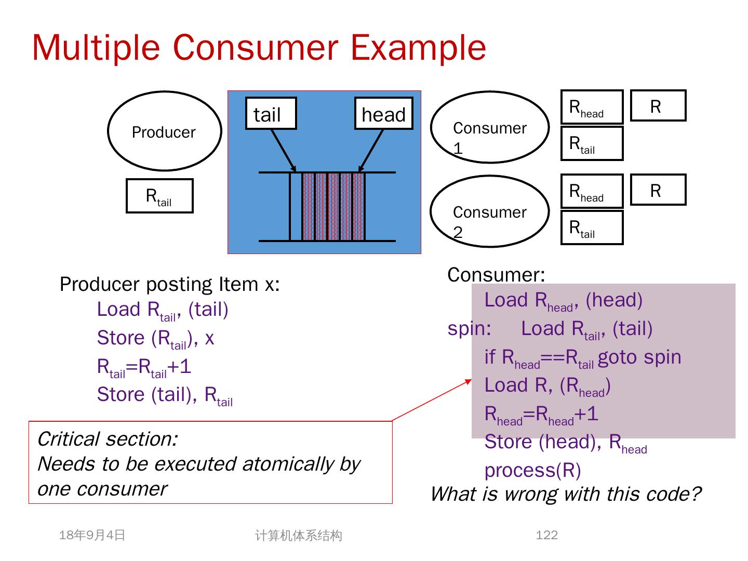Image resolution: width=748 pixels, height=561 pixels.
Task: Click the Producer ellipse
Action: [164, 131]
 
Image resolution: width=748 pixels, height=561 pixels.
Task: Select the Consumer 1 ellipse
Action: [489, 128]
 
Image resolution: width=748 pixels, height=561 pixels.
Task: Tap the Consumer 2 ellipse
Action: [489, 211]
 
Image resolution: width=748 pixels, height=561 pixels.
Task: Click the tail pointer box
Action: [271, 113]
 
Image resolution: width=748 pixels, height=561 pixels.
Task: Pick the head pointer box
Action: [383, 113]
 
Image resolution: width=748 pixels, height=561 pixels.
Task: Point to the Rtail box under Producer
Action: [159, 196]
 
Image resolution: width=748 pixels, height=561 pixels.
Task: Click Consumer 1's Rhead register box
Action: [592, 107]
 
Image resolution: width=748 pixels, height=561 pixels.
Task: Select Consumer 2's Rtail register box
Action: [592, 228]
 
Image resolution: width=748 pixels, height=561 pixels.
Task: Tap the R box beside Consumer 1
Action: [658, 106]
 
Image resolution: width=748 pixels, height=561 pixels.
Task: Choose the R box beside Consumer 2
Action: [658, 190]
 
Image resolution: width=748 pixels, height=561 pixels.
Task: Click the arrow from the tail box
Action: [283, 150]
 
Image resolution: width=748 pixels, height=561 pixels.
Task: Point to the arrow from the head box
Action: [371, 150]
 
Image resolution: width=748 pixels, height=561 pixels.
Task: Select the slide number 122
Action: [546, 535]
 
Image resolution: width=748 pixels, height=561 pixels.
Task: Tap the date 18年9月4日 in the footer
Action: [92, 535]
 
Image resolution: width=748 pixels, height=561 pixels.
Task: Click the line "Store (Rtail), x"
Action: [155, 338]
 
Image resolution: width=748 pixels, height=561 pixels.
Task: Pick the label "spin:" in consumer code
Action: [469, 329]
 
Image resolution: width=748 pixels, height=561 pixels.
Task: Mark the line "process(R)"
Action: [532, 470]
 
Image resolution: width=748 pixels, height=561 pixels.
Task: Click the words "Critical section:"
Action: [108, 439]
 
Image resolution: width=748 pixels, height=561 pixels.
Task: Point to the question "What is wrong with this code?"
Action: [566, 493]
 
